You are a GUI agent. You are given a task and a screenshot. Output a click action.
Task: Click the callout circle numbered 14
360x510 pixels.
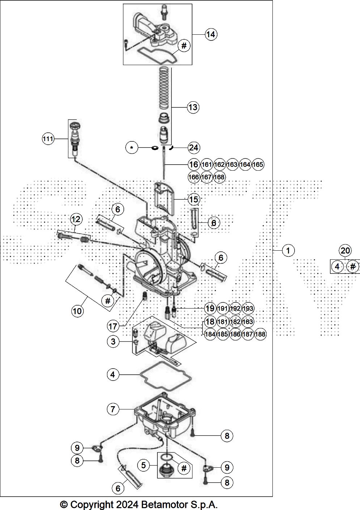211,34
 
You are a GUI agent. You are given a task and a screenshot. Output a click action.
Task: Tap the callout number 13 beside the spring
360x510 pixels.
193,107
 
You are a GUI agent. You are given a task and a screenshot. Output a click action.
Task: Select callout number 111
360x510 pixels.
48,139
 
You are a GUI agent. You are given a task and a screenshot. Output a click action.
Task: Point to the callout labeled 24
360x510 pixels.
194,148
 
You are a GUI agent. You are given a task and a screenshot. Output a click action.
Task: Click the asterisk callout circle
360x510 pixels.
132,148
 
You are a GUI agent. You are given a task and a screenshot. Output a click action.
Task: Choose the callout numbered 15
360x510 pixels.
194,199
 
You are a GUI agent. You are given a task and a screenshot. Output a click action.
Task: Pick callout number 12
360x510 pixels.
76,219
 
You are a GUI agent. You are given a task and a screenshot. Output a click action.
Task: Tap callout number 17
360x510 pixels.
113,327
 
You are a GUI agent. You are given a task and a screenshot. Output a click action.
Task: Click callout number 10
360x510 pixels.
77,311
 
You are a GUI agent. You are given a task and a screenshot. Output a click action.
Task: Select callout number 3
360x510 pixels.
113,341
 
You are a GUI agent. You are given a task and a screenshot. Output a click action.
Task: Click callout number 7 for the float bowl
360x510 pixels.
113,409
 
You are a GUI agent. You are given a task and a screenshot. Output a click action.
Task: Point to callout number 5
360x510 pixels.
143,465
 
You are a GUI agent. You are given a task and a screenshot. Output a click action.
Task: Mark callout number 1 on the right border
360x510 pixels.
288,250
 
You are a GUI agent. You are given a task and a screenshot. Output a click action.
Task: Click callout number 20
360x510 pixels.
345,250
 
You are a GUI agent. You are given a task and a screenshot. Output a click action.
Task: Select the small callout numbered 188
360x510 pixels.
260,334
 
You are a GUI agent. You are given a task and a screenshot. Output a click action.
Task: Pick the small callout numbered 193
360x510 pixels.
248,309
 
